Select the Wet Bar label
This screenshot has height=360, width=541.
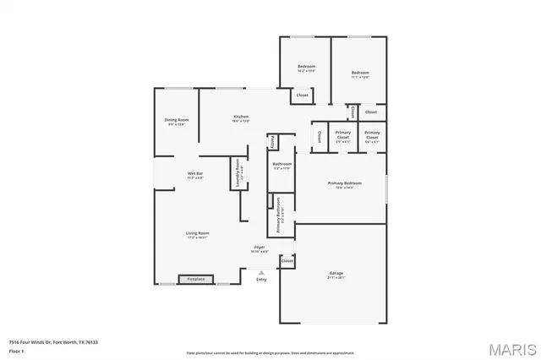[x=194, y=175]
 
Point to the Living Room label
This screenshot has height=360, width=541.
[x=198, y=235]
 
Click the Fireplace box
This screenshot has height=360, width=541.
[x=195, y=279]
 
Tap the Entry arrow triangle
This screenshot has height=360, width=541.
[x=261, y=272]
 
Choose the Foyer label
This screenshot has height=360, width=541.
[x=260, y=249]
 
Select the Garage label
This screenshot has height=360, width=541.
[x=336, y=274]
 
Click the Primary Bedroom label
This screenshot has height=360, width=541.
[x=345, y=185]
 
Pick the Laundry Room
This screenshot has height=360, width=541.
[x=238, y=172]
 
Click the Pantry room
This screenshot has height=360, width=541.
[x=273, y=142]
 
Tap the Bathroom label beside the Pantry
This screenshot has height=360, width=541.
[x=281, y=166]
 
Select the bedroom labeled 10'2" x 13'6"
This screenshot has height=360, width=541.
[x=306, y=68]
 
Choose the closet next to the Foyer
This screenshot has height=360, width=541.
[x=287, y=262]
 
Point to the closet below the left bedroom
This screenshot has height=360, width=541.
[x=302, y=95]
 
